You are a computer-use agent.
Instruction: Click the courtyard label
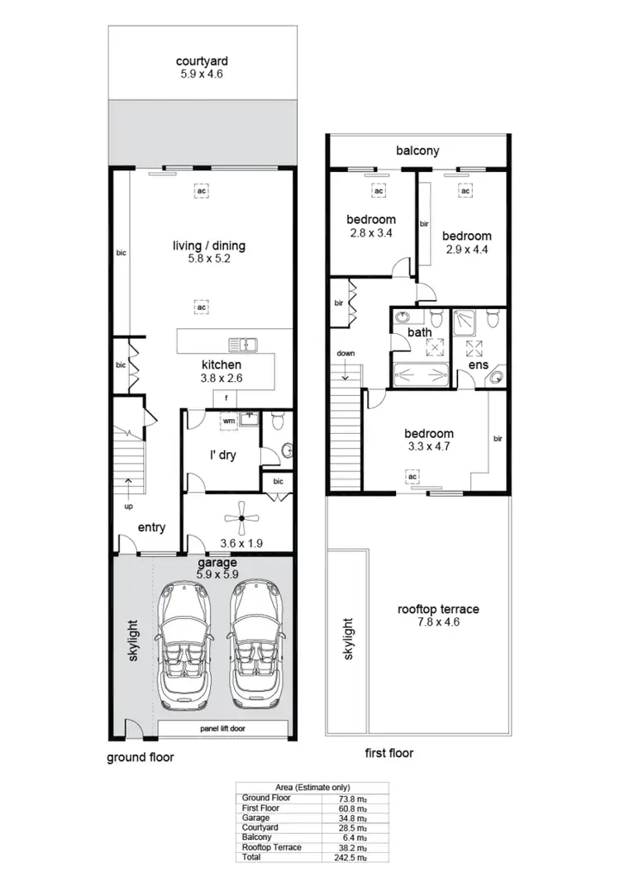pos(202,60)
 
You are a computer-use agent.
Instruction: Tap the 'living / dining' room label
pos(209,245)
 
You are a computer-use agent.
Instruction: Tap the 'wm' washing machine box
pos(228,421)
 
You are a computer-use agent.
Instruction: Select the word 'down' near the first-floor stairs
pos(345,354)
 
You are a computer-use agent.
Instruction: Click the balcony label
pos(417,150)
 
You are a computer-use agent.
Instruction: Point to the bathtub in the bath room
pos(420,371)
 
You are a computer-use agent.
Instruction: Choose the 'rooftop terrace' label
pos(438,609)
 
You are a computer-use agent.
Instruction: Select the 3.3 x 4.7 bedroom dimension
pos(428,447)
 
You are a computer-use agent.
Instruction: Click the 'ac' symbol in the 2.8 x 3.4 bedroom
pos(379,191)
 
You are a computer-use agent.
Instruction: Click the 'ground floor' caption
pos(141,756)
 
